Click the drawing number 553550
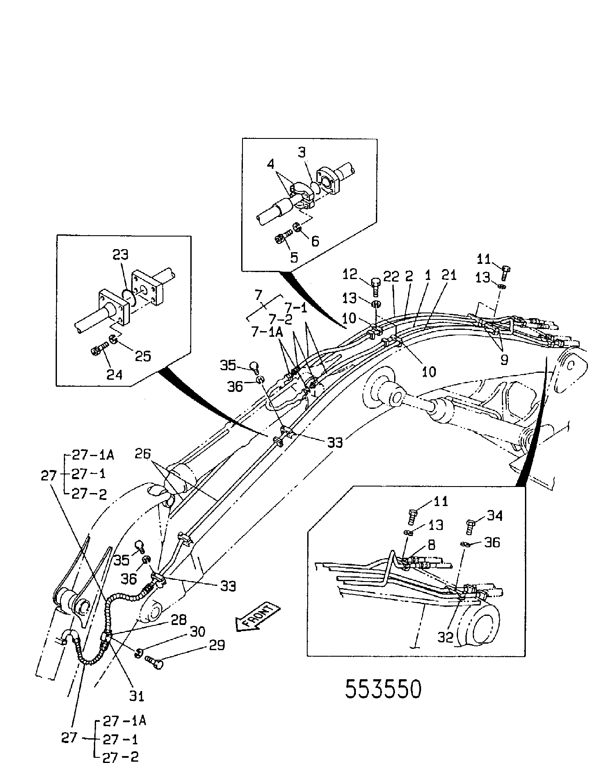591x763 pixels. click(x=383, y=689)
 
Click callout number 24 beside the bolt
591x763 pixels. click(x=115, y=374)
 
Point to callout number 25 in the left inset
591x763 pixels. click(x=143, y=356)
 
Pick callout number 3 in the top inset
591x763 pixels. click(x=302, y=152)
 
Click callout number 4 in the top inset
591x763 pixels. click(x=271, y=164)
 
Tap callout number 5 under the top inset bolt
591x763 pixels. click(x=294, y=257)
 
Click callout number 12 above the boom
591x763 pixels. click(x=350, y=274)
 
